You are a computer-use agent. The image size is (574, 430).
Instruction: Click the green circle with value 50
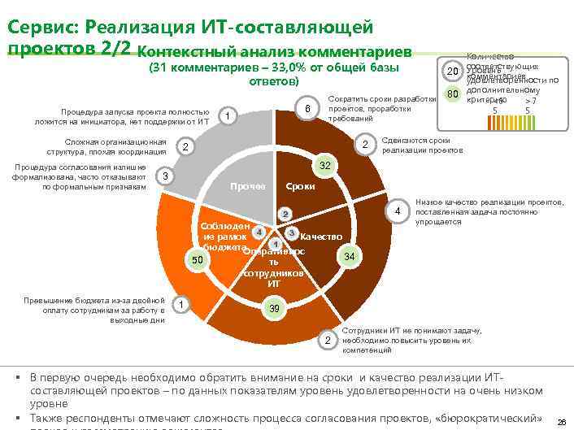[196, 260]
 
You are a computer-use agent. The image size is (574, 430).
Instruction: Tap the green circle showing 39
[274, 309]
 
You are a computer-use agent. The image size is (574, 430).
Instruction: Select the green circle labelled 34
[349, 257]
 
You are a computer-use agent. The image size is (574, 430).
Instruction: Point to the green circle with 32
[324, 166]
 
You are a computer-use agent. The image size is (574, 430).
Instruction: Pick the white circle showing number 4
[398, 212]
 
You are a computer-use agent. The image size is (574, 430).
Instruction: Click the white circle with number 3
[165, 176]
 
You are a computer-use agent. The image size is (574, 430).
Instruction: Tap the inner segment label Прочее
[247, 187]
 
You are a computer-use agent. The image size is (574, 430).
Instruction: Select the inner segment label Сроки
[301, 187]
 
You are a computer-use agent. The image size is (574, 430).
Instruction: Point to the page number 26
[562, 422]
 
